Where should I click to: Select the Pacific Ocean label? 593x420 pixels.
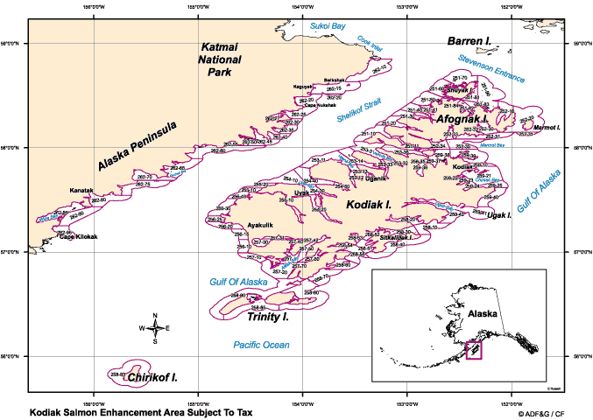pos(261,346)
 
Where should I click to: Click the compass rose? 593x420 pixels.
pos(155,329)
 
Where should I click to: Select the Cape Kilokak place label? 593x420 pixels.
pos(79,237)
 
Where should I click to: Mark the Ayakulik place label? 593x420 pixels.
pos(261,224)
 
